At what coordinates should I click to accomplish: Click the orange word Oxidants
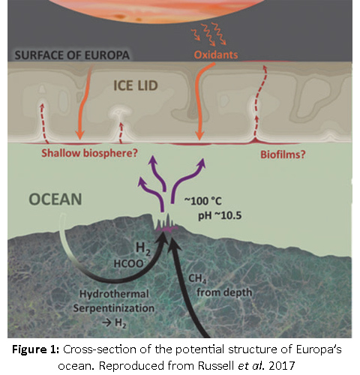(x=216, y=55)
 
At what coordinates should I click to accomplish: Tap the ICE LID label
(x=136, y=85)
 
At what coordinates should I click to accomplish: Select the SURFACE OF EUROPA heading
(x=72, y=55)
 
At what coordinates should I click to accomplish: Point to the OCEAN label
(x=55, y=199)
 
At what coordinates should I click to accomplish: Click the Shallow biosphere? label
(x=89, y=153)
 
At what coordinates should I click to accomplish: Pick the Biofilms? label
(x=283, y=154)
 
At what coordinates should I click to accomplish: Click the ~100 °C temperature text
(x=203, y=201)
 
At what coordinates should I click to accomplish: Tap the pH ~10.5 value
(x=220, y=216)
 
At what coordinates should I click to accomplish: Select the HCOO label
(x=129, y=263)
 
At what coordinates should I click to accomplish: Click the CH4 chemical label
(x=197, y=279)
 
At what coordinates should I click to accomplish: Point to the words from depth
(x=224, y=292)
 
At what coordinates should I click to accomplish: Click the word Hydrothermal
(x=114, y=294)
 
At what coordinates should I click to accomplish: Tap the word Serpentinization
(x=114, y=308)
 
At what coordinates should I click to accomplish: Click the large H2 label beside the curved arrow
(x=143, y=249)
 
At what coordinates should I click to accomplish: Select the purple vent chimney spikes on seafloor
(x=166, y=223)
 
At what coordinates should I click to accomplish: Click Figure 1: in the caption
(x=36, y=349)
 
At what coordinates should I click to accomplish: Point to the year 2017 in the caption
(x=282, y=366)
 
